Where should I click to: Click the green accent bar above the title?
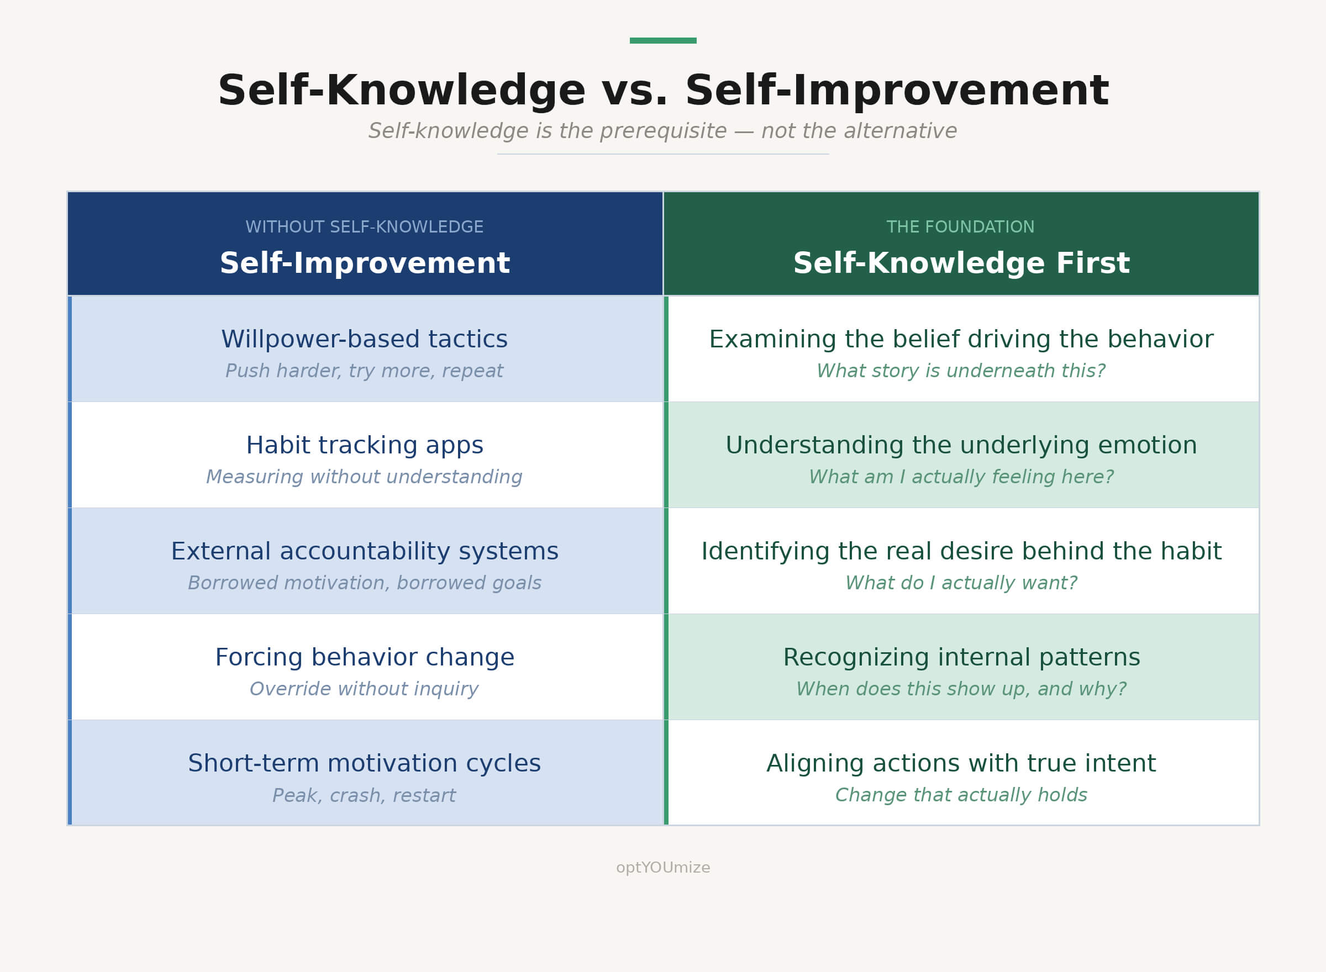click(x=662, y=41)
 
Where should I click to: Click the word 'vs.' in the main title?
click(x=634, y=91)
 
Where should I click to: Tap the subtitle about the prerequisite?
click(x=662, y=131)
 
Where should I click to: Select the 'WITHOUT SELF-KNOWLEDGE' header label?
click(x=364, y=227)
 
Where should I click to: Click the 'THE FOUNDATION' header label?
click(x=960, y=227)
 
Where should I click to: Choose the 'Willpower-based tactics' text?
click(x=364, y=340)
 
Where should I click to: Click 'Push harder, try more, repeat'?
click(x=364, y=371)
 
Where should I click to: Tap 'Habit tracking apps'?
click(x=364, y=445)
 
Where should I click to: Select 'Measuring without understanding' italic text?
click(x=364, y=477)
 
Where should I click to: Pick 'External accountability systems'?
click(x=364, y=551)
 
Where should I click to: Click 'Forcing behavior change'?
click(x=364, y=657)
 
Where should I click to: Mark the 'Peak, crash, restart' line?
click(x=364, y=795)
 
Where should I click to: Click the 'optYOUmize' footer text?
click(x=662, y=868)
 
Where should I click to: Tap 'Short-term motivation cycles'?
click(x=364, y=764)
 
